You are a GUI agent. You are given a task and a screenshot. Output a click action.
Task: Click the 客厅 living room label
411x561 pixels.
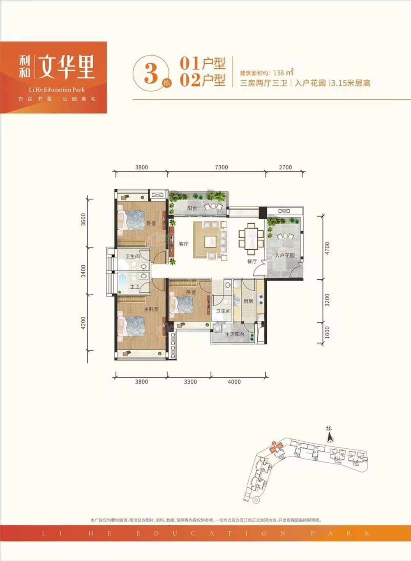click(184, 244)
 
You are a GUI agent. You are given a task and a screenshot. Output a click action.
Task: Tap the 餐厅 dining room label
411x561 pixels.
click(252, 262)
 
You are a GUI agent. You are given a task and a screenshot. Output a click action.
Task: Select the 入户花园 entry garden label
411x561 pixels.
click(285, 255)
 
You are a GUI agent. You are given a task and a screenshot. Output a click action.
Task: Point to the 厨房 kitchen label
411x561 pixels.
click(248, 301)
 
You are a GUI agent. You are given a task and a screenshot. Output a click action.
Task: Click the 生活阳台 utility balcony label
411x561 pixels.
click(235, 334)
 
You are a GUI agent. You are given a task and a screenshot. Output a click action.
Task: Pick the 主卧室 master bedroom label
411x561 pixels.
click(151, 309)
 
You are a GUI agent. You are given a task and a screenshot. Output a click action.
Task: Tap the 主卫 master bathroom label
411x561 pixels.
click(135, 287)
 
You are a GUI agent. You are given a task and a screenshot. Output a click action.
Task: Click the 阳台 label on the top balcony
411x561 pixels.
click(192, 209)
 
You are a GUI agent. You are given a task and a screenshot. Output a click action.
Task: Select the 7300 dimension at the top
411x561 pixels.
click(221, 167)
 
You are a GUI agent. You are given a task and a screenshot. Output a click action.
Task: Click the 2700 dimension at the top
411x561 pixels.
click(285, 167)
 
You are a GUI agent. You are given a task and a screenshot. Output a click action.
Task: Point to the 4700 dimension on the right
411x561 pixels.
click(327, 248)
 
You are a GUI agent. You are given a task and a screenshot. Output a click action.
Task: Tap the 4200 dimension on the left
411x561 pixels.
click(83, 323)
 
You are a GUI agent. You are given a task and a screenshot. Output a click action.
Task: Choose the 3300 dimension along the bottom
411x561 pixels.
click(190, 382)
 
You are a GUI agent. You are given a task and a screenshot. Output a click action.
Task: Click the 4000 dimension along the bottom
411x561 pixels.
click(234, 382)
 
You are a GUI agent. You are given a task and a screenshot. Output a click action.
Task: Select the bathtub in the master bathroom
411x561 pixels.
click(123, 283)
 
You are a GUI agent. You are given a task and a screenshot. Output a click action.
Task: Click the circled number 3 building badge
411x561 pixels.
click(151, 74)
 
